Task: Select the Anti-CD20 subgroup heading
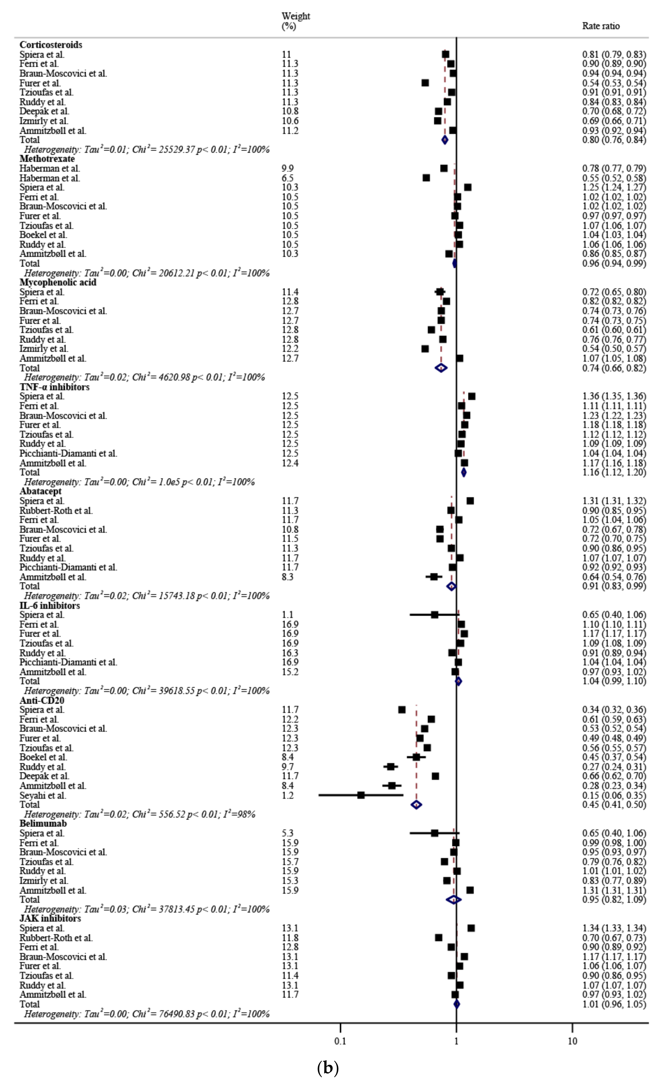pos(42,701)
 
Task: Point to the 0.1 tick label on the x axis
pos(340,1042)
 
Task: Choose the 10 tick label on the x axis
pos(572,1042)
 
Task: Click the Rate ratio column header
pos(601,26)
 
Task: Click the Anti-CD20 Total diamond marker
pos(416,805)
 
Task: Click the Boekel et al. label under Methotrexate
pos(43,235)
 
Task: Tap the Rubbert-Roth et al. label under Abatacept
pos(56,511)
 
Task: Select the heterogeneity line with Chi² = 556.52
pos(140,814)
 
